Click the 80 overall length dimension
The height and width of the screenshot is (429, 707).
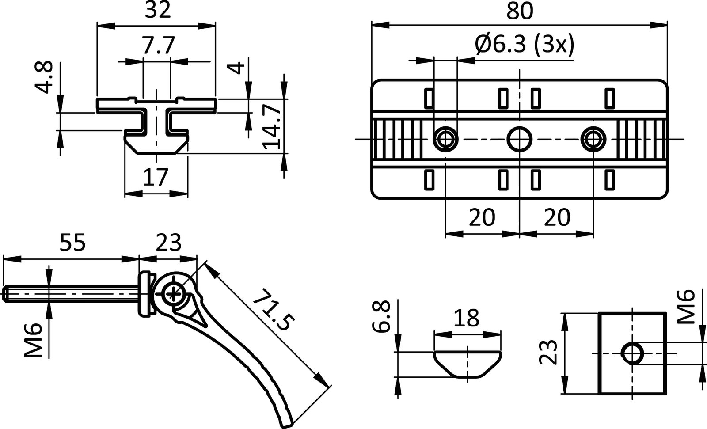point(520,11)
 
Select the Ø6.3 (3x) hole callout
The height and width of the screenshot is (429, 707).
point(524,44)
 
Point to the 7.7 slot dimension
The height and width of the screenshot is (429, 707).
point(157,45)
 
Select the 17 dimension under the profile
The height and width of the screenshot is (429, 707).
point(156,177)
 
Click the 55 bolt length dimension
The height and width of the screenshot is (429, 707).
point(72,243)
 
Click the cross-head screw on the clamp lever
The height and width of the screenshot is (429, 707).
point(173,293)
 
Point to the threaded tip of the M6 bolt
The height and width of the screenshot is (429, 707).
point(6,295)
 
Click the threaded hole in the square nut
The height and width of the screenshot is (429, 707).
point(632,353)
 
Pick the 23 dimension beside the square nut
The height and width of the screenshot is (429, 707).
point(547,353)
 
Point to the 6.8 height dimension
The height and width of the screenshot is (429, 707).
point(381,316)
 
